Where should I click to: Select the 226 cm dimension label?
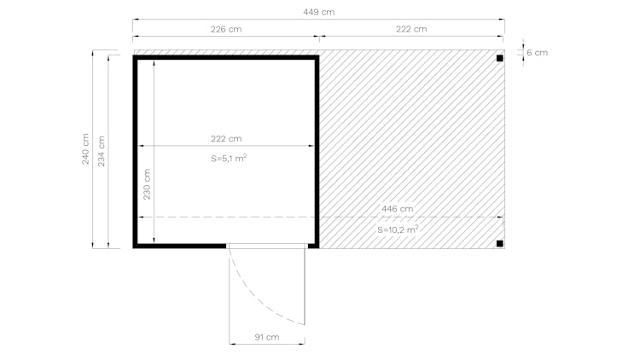pyautogui.click(x=225, y=29)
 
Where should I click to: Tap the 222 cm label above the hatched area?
pyautogui.click(x=410, y=29)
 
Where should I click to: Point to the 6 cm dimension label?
pyautogui.click(x=537, y=53)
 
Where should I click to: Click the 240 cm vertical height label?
pyautogui.click(x=85, y=149)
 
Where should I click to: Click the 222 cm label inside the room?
pyautogui.click(x=225, y=138)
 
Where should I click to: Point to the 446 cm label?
pyautogui.click(x=397, y=208)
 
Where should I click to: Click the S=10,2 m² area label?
pyautogui.click(x=398, y=229)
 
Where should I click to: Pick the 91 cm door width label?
pyautogui.click(x=267, y=337)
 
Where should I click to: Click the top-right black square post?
pyautogui.click(x=500, y=58)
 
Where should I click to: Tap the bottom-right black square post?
pyautogui.click(x=500, y=244)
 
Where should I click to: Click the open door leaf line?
pyautogui.click(x=305, y=286)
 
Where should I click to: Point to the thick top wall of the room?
pyautogui.click(x=225, y=58)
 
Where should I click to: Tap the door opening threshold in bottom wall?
pyautogui.click(x=266, y=246)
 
